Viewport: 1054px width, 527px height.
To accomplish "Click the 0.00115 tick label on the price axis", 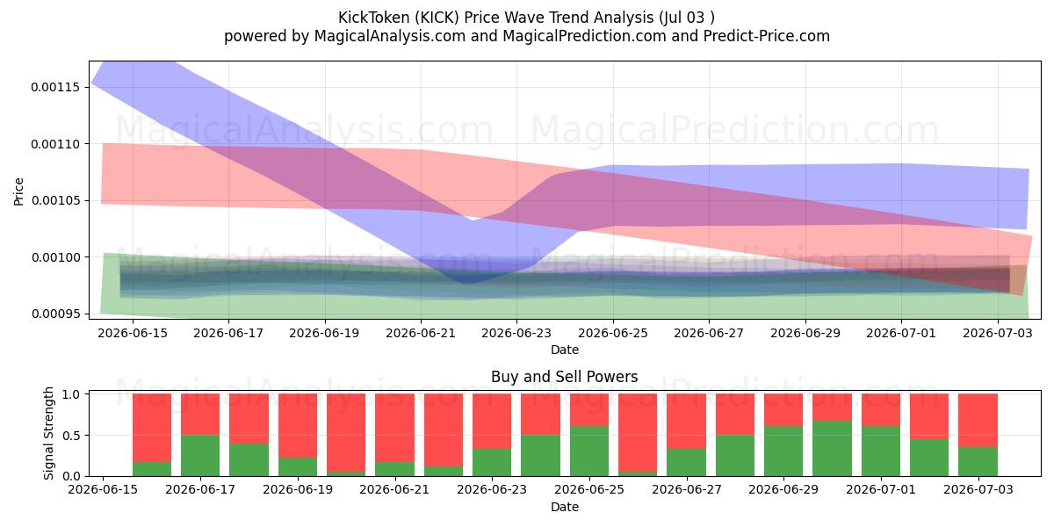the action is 54,88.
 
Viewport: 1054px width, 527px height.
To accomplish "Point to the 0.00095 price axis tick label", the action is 54,314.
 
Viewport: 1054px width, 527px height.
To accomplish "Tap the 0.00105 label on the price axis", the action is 54,201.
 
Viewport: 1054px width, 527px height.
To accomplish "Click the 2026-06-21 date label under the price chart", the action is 421,333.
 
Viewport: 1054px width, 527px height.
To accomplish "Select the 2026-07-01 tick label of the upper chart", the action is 901,333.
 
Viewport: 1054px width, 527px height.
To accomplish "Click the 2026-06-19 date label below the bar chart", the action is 298,489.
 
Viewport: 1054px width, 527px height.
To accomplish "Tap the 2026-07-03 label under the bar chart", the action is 978,489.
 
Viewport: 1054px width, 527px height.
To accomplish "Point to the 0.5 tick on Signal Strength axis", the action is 71,436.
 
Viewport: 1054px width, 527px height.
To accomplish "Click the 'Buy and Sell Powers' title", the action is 565,377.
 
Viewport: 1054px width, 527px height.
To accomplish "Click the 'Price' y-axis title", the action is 18,191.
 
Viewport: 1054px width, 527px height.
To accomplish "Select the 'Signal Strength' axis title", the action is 48,433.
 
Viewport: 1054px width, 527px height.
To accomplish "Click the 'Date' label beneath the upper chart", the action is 565,350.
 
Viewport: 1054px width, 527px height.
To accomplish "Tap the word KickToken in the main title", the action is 374,18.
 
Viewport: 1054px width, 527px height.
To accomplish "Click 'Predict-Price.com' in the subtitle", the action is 767,36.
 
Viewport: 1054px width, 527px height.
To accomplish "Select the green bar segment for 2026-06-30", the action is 832,449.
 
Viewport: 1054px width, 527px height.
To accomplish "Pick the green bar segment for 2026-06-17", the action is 200,456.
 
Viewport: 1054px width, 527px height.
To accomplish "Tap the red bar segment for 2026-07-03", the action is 978,420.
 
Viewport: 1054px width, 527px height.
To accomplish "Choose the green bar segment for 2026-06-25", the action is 589,451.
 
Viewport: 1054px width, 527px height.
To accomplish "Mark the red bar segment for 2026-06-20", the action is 346,433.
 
